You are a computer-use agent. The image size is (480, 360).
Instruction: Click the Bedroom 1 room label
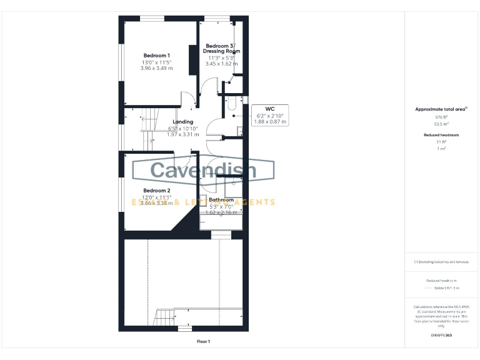(157, 56)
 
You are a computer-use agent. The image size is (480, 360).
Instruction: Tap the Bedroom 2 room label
(156, 191)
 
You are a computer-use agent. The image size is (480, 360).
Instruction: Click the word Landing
(183, 122)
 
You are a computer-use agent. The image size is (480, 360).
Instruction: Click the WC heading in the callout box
(270, 109)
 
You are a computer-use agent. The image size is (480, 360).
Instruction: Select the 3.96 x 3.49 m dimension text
(157, 69)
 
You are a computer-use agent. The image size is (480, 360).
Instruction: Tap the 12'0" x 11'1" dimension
(156, 197)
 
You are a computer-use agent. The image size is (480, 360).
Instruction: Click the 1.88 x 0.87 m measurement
(270, 122)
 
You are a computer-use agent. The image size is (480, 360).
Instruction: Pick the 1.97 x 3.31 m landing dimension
(183, 134)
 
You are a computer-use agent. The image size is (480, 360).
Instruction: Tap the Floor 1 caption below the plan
(204, 341)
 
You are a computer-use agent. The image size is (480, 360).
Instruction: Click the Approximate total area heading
(441, 109)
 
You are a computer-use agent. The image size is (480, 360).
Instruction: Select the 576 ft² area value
(441, 117)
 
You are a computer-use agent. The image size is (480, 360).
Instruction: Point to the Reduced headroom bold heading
(441, 135)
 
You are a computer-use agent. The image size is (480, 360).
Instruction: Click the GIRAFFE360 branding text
(441, 336)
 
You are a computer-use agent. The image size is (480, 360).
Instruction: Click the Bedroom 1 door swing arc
(190, 97)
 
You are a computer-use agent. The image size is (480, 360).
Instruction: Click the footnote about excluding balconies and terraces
(441, 262)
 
